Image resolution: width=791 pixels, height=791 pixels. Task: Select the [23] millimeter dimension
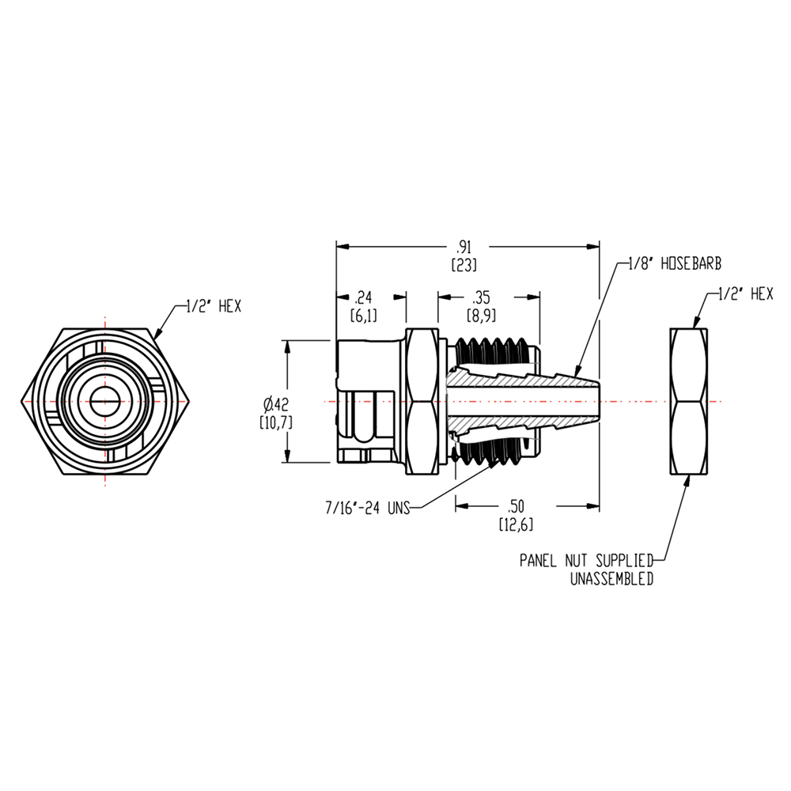pyautogui.click(x=464, y=266)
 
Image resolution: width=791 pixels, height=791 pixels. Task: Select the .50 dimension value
pyautogui.click(x=514, y=506)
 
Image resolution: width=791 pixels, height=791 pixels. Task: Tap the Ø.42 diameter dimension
pyautogui.click(x=276, y=401)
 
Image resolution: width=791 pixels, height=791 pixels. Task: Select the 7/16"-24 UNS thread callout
pyautogui.click(x=367, y=509)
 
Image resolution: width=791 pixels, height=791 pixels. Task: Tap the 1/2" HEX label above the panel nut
pyautogui.click(x=744, y=294)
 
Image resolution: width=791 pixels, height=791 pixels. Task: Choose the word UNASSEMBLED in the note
pyautogui.click(x=611, y=579)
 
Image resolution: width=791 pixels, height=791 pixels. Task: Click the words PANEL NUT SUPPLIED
pyautogui.click(x=586, y=561)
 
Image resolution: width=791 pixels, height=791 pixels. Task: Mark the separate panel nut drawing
pyautogui.click(x=695, y=401)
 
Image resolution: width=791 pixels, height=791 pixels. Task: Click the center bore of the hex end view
pyautogui.click(x=104, y=401)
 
